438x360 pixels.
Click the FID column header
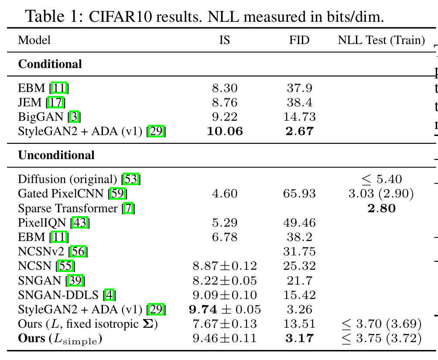coord(299,40)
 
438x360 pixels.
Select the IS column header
coord(225,40)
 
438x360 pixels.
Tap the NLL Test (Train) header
coord(381,41)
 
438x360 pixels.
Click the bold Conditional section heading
coord(50,64)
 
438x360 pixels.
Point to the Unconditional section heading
coord(56,155)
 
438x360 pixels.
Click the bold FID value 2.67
coord(299,131)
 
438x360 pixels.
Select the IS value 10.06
coord(225,131)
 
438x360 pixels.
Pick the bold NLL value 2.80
coord(382,208)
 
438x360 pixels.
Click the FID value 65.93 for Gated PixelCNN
coord(299,194)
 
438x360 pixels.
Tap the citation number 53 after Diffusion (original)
coord(131,179)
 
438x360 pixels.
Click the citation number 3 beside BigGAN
coord(74,117)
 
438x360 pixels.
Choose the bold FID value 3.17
coord(299,338)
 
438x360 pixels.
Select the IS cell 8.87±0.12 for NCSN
coord(225,266)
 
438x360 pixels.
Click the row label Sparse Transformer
coord(68,208)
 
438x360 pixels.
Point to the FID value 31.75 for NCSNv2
coord(299,251)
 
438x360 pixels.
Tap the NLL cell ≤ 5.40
coord(382,179)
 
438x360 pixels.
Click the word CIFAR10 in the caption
coord(120,17)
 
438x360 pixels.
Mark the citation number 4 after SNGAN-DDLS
coord(109,295)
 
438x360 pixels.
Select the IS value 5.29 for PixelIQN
coord(225,223)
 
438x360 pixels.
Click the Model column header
coord(34,40)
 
